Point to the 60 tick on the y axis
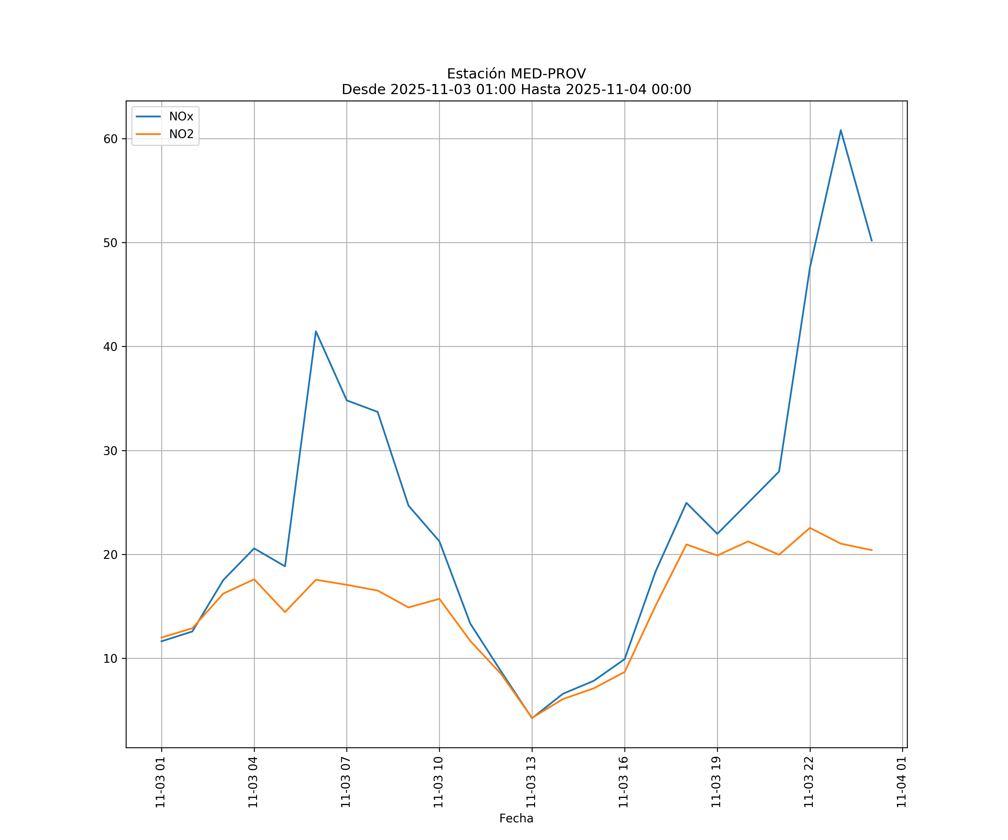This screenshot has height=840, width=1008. click(x=110, y=139)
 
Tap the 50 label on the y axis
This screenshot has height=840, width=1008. click(x=110, y=242)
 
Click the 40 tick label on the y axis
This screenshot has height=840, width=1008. click(x=110, y=347)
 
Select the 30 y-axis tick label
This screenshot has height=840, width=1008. click(x=110, y=451)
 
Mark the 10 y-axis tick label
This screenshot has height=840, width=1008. click(x=110, y=659)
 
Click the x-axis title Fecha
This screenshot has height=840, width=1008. click(x=516, y=818)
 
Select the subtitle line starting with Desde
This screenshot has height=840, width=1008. click(x=516, y=89)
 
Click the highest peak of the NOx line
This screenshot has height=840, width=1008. click(x=841, y=130)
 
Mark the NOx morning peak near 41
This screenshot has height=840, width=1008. click(x=316, y=331)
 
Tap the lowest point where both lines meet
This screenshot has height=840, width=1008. click(x=532, y=718)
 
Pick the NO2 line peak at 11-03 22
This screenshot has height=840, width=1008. click(x=810, y=528)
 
